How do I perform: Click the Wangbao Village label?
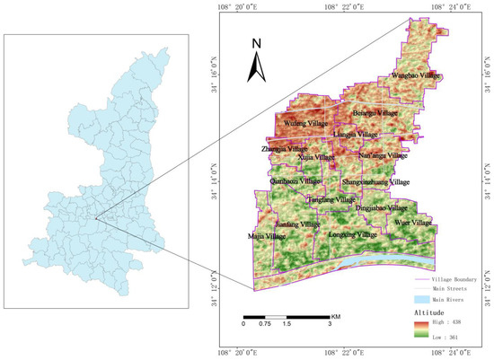(417, 76)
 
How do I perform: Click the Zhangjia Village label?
(285, 148)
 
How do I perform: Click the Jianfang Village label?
(297, 224)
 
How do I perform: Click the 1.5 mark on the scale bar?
(287, 324)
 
